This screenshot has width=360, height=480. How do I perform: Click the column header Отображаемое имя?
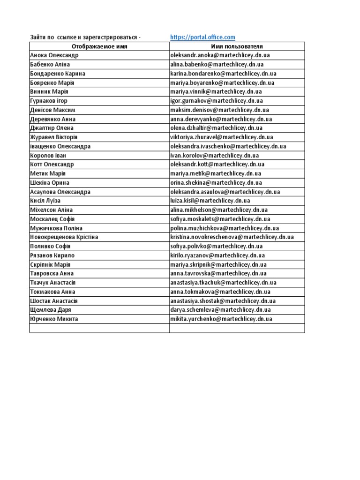[99, 46]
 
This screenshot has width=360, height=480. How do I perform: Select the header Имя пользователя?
[237, 46]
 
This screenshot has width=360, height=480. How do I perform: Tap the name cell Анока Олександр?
[54, 55]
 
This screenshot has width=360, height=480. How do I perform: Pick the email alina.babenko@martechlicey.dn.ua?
[217, 64]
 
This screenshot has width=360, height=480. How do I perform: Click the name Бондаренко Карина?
[57, 74]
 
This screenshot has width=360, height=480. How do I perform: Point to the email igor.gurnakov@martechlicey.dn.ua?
[217, 101]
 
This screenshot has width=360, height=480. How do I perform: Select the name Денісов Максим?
[52, 110]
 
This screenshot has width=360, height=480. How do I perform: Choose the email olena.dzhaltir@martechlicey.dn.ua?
[217, 128]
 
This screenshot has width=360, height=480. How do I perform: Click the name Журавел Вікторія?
[53, 137]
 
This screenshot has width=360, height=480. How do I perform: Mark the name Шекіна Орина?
[49, 183]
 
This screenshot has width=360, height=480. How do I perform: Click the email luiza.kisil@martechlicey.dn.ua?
[210, 201]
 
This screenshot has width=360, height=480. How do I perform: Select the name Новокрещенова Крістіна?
[64, 237]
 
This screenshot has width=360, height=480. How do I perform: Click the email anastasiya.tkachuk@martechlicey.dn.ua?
[224, 283]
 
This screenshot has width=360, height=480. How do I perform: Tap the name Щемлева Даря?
[50, 310]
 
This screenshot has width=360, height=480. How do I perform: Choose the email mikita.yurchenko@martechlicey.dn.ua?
[221, 319]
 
